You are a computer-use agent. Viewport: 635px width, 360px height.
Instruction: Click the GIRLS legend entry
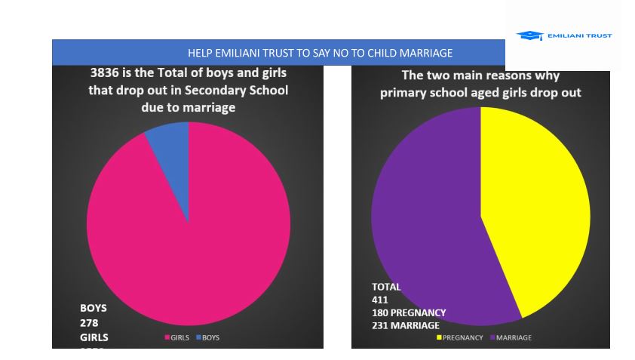click(x=176, y=337)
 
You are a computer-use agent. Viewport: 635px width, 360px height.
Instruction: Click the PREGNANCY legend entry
click(x=460, y=337)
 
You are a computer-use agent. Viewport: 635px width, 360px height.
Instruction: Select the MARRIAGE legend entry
click(x=511, y=337)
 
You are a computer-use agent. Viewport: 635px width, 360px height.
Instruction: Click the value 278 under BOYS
click(x=90, y=322)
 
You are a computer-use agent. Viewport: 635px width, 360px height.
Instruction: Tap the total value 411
click(x=380, y=300)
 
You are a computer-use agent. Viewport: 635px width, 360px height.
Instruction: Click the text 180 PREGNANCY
click(x=409, y=312)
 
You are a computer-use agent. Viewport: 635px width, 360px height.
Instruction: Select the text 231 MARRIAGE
click(x=406, y=325)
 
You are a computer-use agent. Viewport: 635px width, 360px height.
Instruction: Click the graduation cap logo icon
click(x=529, y=35)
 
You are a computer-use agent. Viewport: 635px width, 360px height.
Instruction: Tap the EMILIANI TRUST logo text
click(x=579, y=35)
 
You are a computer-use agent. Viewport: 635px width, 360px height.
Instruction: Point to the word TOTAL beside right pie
click(x=386, y=287)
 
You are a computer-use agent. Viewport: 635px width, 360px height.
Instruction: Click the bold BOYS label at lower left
click(x=94, y=308)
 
